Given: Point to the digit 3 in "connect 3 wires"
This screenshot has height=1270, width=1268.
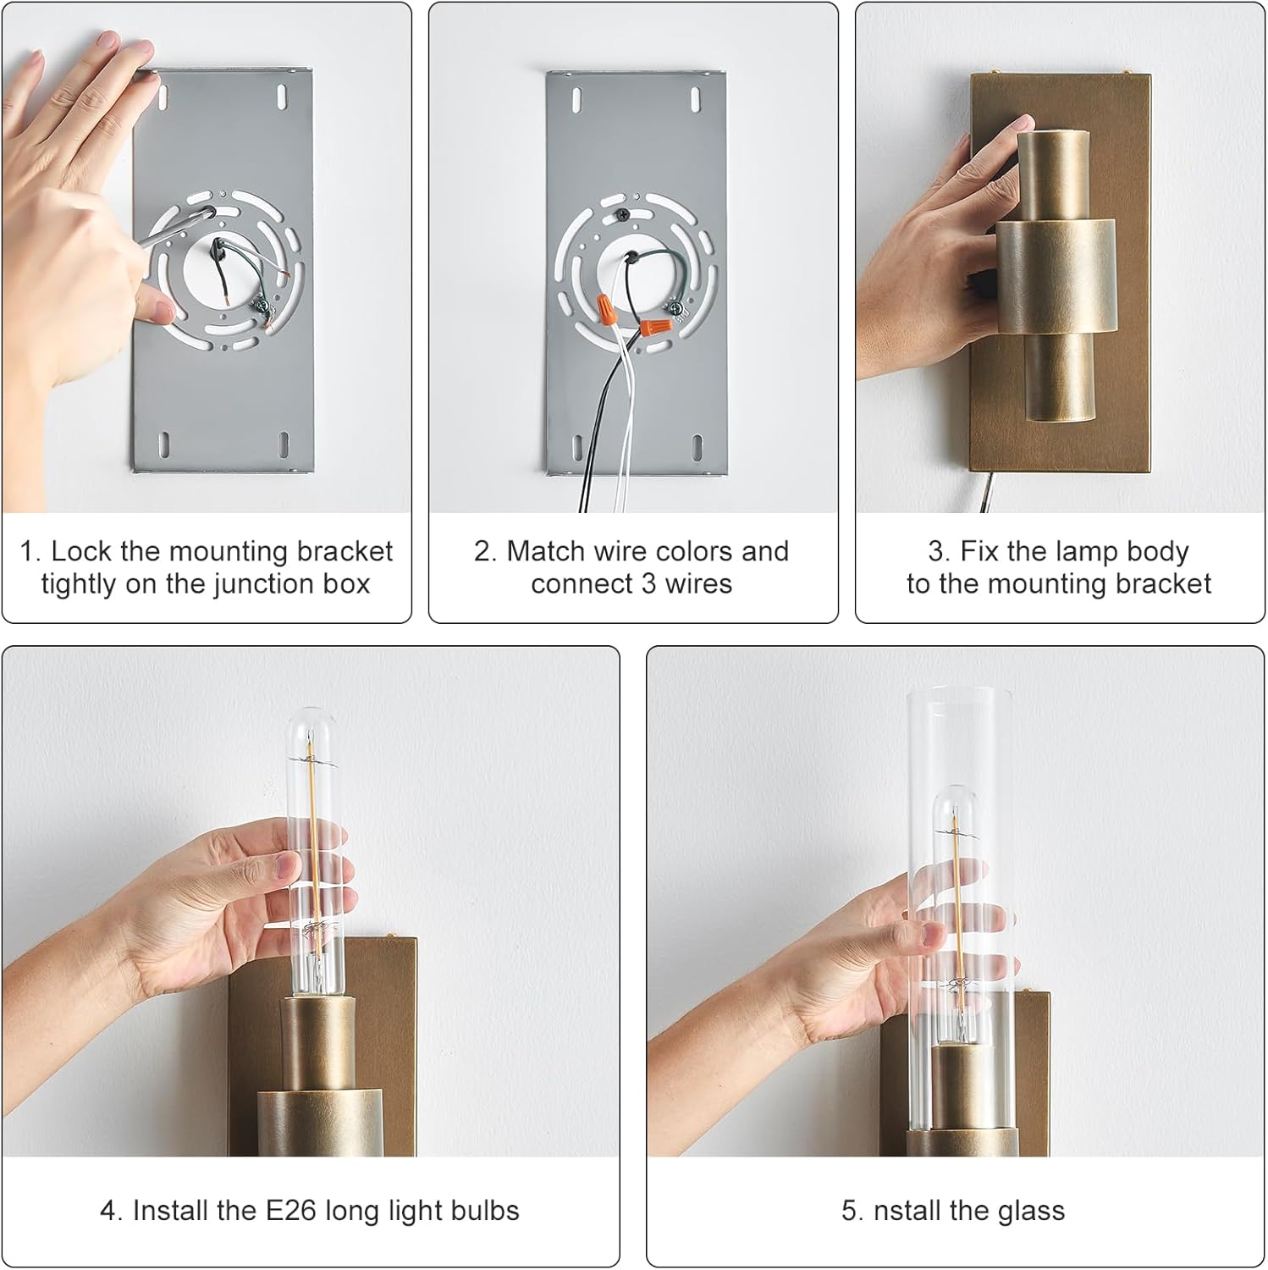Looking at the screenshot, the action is point(648,584).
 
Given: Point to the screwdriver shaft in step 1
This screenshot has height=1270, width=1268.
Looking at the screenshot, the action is point(174,228).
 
